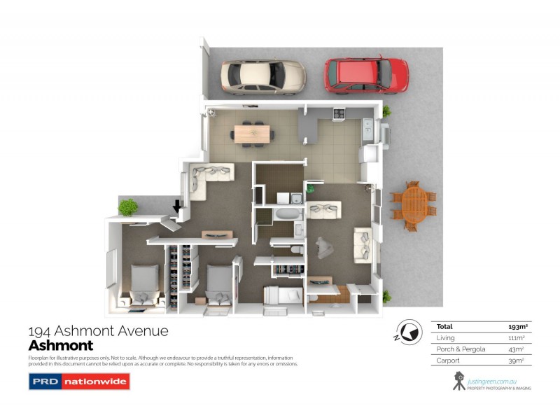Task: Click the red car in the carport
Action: (x=366, y=75)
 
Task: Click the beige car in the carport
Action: (x=262, y=76)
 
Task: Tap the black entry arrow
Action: (x=177, y=206)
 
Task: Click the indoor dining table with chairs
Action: (x=250, y=132)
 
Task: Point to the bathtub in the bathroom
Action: (x=286, y=214)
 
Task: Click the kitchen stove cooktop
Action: (x=338, y=113)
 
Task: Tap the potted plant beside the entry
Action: (x=128, y=207)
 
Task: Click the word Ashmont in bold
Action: (x=60, y=345)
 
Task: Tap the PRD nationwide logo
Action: (x=79, y=382)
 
